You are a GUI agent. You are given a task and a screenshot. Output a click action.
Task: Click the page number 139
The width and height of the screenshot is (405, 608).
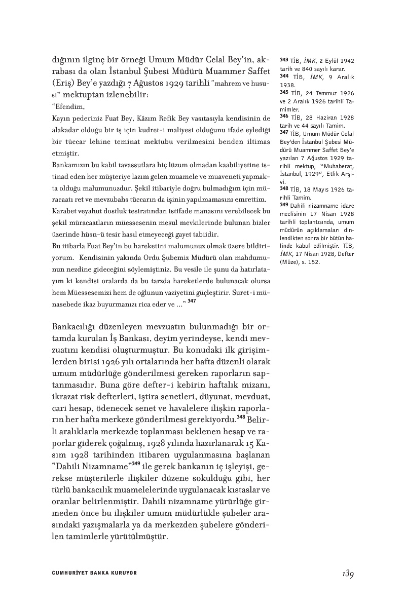tap(347, 574)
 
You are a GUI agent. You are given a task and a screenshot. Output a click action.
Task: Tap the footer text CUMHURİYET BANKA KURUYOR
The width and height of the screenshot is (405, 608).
tap(95, 573)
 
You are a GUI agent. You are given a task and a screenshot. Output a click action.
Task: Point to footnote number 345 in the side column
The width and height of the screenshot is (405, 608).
tap(284, 93)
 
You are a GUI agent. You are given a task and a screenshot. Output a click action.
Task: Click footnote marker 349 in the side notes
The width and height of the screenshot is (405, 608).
tap(284, 205)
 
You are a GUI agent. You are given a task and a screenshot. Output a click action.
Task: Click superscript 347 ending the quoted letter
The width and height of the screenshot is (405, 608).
tap(192, 301)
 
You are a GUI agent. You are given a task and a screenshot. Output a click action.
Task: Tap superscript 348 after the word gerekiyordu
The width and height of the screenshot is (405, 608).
tap(241, 417)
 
